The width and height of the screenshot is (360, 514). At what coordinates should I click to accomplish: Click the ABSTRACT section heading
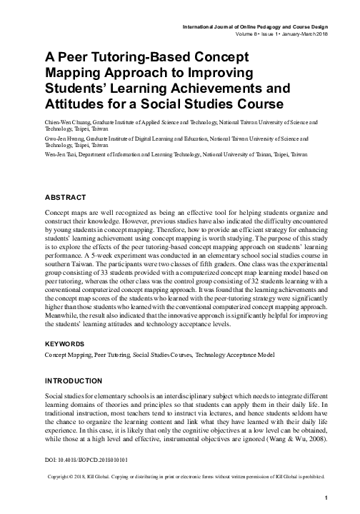coord(66,197)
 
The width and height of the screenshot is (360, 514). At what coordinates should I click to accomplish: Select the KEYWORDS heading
coord(66,343)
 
